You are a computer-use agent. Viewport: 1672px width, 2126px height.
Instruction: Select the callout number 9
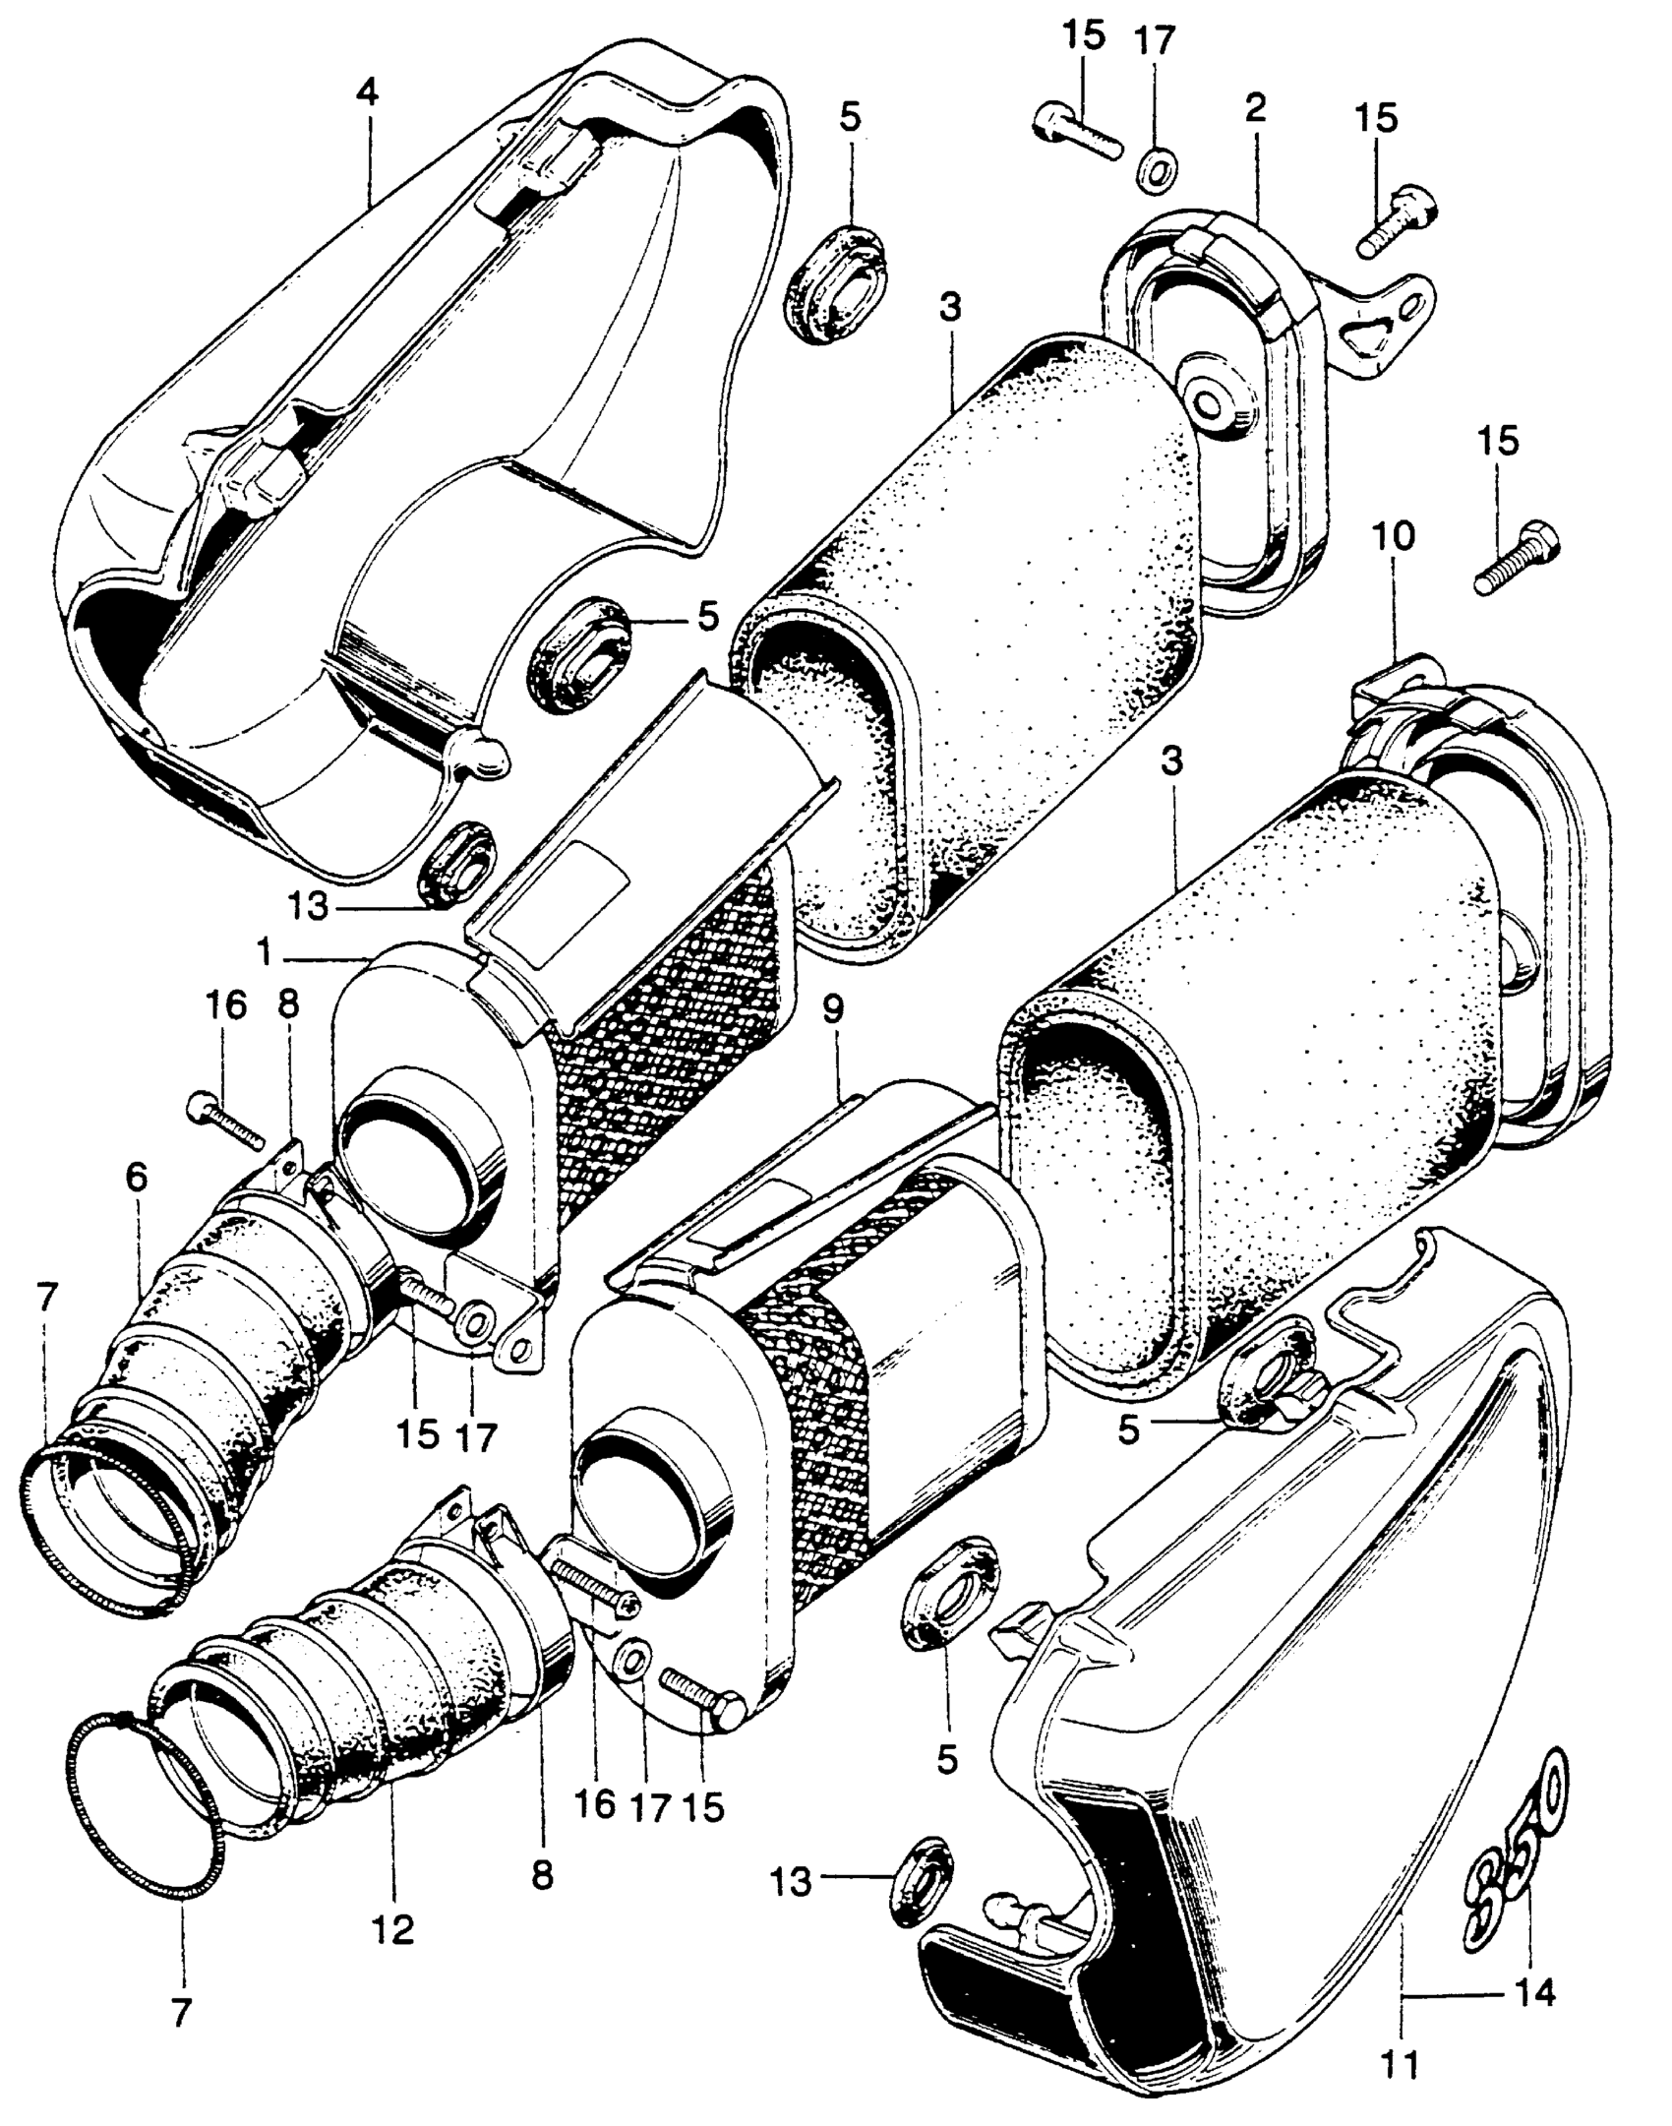pyautogui.click(x=833, y=1012)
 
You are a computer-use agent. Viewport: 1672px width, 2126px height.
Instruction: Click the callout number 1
pyautogui.click(x=264, y=952)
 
